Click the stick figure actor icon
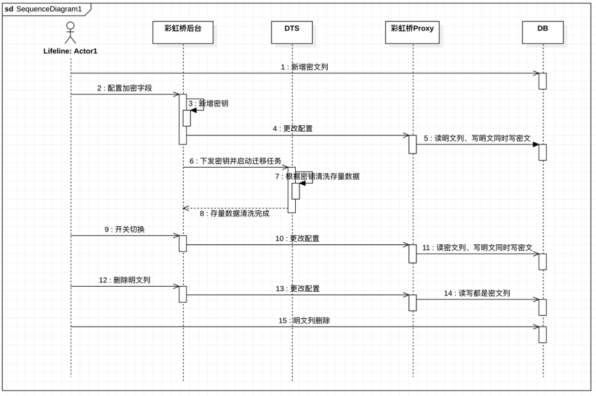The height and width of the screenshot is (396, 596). click(x=71, y=32)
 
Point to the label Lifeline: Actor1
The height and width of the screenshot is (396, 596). click(x=71, y=51)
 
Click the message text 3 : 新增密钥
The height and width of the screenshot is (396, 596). click(x=208, y=103)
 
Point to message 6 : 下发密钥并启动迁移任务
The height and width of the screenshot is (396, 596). click(x=236, y=161)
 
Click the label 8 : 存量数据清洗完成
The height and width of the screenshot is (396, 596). click(x=235, y=213)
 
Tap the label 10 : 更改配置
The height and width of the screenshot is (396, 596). click(x=297, y=239)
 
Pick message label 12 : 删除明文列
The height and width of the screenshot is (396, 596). click(x=125, y=280)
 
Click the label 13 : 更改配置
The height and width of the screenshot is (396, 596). click(x=298, y=288)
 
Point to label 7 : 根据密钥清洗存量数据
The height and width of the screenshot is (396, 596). click(x=318, y=176)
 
